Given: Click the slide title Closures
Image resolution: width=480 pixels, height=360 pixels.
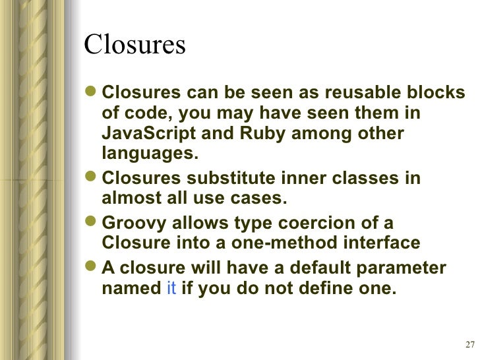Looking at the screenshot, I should tap(135, 45).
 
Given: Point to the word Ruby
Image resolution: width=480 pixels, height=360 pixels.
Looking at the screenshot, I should tap(264, 133).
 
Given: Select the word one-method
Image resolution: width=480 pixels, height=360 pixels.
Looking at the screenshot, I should tap(276, 243).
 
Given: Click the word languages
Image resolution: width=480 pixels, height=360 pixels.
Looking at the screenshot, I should tap(150, 154).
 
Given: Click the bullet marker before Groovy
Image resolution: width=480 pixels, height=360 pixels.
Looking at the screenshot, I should tap(92, 224).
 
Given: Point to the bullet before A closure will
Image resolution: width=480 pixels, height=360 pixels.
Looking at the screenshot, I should tap(92, 269).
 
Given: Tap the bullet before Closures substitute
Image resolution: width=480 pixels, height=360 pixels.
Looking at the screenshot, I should tap(92, 179).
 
